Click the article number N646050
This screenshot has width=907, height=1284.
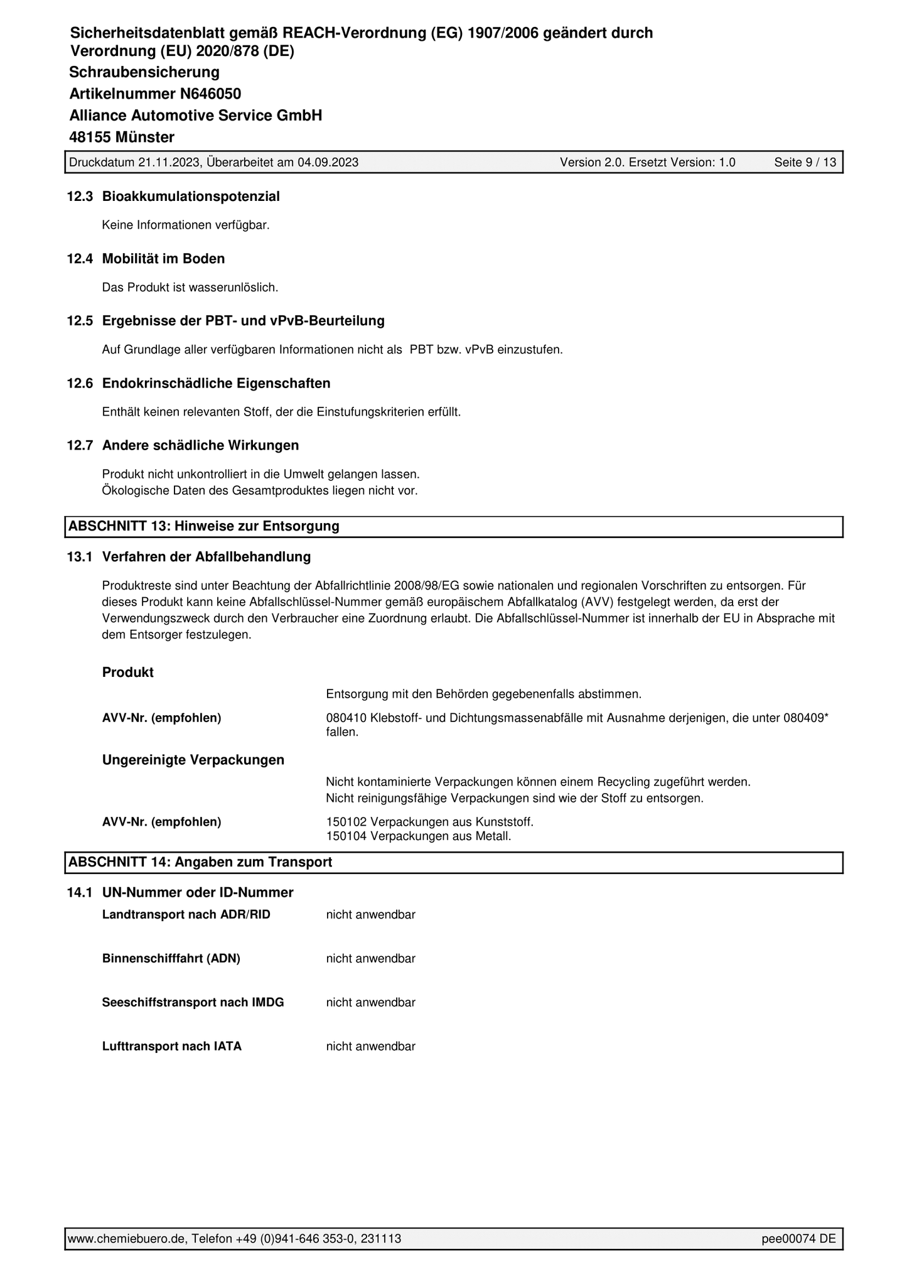(210, 94)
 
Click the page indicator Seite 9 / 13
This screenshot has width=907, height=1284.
(805, 163)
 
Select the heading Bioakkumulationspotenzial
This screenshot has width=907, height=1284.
(191, 197)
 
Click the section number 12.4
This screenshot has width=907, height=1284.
(80, 259)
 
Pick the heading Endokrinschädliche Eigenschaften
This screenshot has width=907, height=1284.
(216, 383)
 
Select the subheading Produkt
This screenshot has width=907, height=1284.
(128, 672)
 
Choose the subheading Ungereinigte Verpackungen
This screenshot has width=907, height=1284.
(193, 760)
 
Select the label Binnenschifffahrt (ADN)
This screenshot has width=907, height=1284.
(171, 959)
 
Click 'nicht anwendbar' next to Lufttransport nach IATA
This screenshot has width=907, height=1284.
(370, 1047)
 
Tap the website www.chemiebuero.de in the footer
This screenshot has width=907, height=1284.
(126, 1238)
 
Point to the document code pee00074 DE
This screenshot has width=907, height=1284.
(798, 1238)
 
